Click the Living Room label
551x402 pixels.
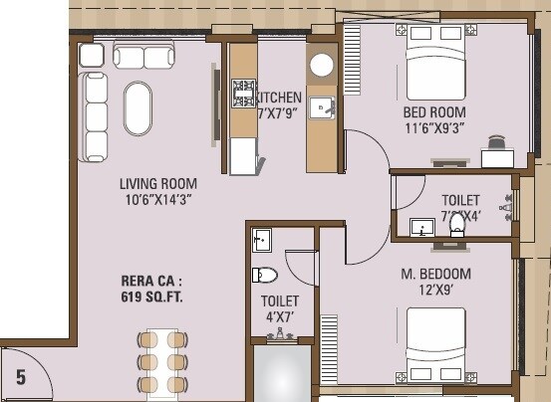[x=157, y=191]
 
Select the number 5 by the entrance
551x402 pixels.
[x=20, y=377]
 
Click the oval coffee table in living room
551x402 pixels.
[x=139, y=107]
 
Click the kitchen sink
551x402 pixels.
[x=321, y=106]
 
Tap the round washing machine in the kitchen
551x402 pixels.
[x=321, y=65]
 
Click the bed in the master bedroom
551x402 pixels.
[x=435, y=342]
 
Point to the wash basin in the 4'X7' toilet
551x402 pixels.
[x=261, y=240]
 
